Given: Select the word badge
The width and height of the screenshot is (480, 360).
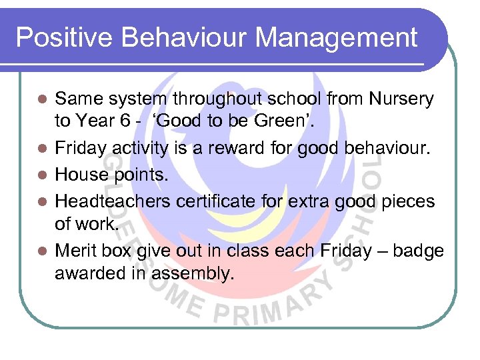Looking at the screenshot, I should (x=419, y=251).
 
